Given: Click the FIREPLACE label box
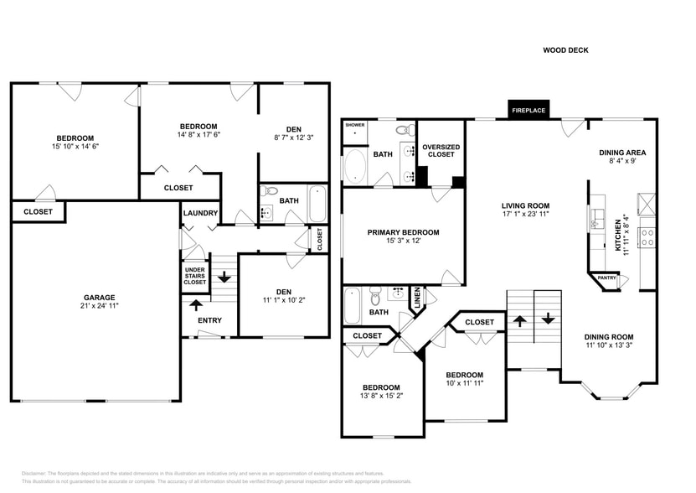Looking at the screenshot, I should pos(528,110).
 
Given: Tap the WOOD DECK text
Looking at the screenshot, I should pos(565,50).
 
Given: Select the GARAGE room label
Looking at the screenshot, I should pos(99,298).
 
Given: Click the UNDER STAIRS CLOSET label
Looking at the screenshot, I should pos(194,276).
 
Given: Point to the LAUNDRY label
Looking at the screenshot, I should pos(201,213).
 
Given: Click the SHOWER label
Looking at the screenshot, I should pos(356,124).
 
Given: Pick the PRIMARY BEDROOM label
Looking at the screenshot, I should pos(403,232).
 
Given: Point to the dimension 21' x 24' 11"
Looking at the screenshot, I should pos(99,307).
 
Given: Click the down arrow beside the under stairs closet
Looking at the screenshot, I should pos(224,276).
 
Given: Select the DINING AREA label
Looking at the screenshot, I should pos(622,153).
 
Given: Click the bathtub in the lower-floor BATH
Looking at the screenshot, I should pos(317,202).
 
